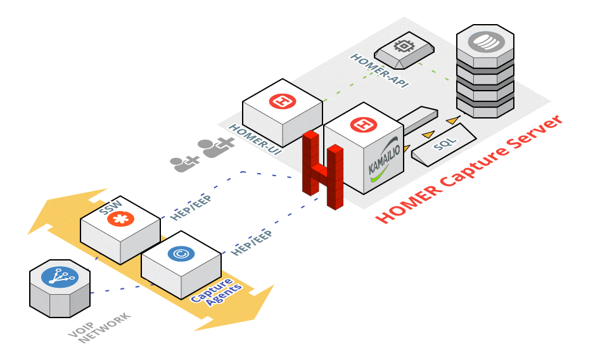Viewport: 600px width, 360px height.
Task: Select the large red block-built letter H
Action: [322, 169]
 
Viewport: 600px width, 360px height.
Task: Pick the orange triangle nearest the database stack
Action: [451, 120]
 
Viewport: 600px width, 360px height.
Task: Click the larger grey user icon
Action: [216, 148]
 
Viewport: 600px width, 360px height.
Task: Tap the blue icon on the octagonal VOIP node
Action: [59, 277]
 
